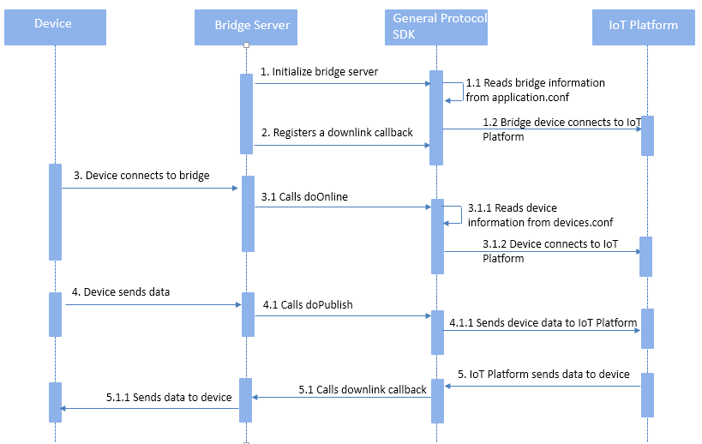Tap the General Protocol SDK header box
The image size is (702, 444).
pos(436,26)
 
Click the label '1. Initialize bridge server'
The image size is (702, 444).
pos(320,72)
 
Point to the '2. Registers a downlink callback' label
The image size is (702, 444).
pos(337,133)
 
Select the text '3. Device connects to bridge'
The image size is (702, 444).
pos(141,176)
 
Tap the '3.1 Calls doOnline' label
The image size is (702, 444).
pos(304,196)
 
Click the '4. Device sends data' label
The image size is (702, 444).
pos(121,292)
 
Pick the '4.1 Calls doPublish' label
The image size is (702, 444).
pos(307,304)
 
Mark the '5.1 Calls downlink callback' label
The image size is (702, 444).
pos(363,390)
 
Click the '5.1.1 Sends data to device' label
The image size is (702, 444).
pos(169,398)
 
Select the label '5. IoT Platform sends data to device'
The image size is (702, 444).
pos(543,375)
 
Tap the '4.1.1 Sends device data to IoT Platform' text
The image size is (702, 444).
pos(543,323)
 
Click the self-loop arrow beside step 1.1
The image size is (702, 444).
pos(455,90)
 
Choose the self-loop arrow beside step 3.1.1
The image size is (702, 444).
pos(455,214)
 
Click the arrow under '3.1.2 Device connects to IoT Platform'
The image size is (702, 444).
pos(541,251)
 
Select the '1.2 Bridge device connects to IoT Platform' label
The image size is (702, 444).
pos(561,129)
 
